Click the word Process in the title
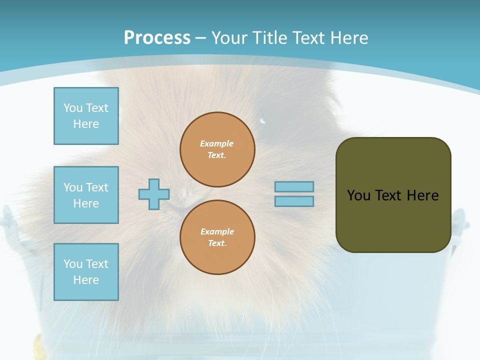click(x=157, y=38)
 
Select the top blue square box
click(x=86, y=116)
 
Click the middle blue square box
click(x=86, y=195)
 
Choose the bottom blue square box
click(x=86, y=272)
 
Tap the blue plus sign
click(x=154, y=194)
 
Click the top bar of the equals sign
click(x=294, y=186)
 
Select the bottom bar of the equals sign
click(x=294, y=201)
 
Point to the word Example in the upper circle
click(x=217, y=143)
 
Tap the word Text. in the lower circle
click(x=217, y=243)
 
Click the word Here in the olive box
click(x=422, y=195)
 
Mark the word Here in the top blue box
click(x=86, y=124)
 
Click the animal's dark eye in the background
click(x=263, y=121)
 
